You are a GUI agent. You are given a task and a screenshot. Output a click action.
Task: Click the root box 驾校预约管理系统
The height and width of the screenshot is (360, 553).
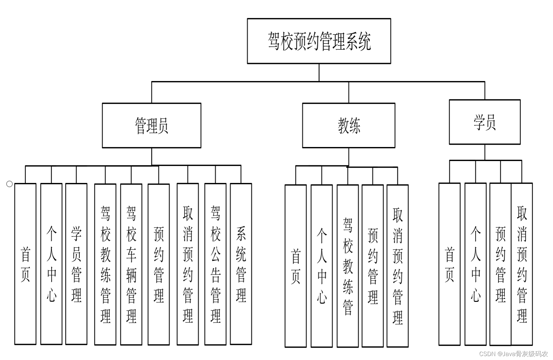point(319,41)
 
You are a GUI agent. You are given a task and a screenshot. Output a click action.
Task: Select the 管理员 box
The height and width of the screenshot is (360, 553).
point(151,125)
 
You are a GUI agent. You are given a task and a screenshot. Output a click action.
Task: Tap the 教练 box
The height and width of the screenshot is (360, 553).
point(349,125)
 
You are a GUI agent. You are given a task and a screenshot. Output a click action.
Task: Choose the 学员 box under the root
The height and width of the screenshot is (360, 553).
point(484,122)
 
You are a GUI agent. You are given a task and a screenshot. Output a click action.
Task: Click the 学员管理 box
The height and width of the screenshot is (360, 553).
point(76,264)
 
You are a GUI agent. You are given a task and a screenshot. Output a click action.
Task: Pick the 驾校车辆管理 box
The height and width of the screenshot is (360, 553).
point(131,264)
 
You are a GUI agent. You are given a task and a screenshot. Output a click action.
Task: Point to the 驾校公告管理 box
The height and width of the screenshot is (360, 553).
point(215,264)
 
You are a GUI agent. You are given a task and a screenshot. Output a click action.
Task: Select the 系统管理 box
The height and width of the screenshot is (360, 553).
point(241,264)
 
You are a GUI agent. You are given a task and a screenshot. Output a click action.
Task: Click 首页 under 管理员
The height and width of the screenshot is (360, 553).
point(25,264)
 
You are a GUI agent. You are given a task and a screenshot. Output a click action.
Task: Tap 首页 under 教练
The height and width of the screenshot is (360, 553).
point(295,266)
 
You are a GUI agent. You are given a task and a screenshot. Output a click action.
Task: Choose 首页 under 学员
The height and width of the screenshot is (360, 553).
point(450,264)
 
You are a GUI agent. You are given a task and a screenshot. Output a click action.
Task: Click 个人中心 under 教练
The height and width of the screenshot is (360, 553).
point(322,266)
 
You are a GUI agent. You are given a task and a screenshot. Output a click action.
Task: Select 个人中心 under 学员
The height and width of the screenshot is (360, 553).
point(476,264)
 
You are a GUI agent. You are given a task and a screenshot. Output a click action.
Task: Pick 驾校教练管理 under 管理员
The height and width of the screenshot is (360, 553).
point(105,264)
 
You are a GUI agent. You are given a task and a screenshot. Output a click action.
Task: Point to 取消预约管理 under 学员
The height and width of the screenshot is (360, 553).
point(522,264)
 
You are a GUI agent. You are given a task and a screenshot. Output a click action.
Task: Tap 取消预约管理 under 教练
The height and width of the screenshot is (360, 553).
point(398,266)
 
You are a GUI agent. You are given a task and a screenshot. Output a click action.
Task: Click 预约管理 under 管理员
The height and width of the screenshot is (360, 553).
point(159,264)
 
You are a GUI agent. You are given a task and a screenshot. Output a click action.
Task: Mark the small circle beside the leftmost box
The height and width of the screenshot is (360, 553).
point(9,184)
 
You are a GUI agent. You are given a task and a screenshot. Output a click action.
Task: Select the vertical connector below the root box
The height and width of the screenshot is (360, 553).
point(319,72)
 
